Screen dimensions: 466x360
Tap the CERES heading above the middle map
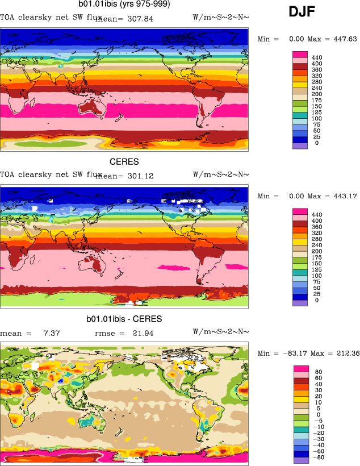pos(124,162)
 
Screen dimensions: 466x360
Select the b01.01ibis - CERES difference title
pos(124,319)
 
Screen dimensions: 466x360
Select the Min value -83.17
pos(293,353)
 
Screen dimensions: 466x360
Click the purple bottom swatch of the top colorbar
pos(300,145)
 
